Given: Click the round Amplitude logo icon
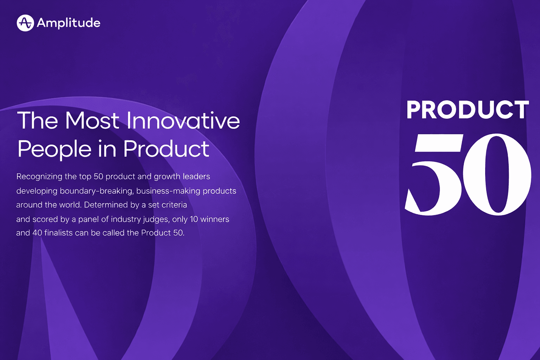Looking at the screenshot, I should coord(25,23).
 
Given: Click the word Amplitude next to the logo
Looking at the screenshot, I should coord(69,23).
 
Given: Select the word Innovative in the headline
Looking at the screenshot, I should coord(183,121).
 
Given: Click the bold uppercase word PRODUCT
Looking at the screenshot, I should coord(468,110).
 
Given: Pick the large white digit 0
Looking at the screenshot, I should coord(497,174).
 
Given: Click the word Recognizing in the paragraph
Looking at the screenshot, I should coord(39,176).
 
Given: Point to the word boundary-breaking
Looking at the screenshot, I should coord(97,191).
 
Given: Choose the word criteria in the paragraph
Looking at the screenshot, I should coord(174,205).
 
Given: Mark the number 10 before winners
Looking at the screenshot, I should coord(194,219).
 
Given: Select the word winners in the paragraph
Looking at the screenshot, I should coord(215,219).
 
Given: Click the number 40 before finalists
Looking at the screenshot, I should coord(37,233).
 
